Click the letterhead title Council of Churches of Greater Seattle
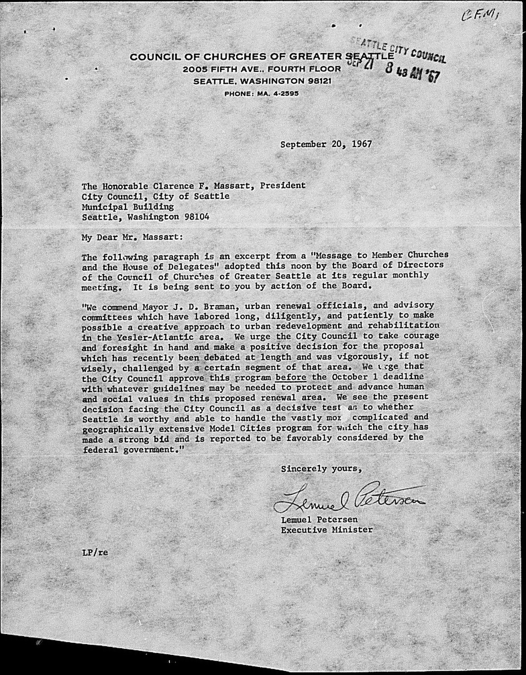262,57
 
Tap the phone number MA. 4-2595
261,94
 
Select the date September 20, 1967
326,145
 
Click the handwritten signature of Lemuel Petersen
349,499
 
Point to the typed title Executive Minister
327,530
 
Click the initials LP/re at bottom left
95,552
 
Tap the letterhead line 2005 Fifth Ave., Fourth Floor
262,69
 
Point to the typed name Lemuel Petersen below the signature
319,520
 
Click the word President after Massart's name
285,185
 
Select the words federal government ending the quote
130,449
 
